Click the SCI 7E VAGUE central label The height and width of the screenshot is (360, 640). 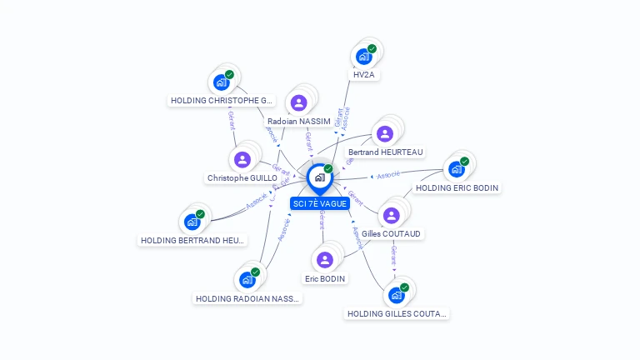point(319,203)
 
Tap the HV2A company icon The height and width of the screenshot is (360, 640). point(362,57)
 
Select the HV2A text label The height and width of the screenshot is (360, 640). point(364,75)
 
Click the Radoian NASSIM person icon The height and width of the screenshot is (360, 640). point(298,102)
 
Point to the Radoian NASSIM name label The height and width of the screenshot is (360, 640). point(298,122)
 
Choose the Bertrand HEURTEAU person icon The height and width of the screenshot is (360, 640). point(384,133)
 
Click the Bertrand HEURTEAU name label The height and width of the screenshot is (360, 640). point(386,152)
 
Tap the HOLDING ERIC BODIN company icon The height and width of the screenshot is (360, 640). point(456,169)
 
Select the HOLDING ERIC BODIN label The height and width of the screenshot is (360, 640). point(457,188)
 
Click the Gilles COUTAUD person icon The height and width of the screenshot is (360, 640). point(391,215)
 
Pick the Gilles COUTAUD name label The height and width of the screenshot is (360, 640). point(391,234)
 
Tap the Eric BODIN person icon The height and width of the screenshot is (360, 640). point(325,259)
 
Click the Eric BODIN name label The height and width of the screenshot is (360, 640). point(325,278)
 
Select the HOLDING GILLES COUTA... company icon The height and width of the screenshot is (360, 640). point(396,294)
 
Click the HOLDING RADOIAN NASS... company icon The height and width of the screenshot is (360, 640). point(247,279)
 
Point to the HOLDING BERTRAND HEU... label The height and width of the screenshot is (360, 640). point(193,241)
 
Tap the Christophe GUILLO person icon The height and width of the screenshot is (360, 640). point(242,159)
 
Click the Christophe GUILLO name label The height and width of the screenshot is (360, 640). point(242,178)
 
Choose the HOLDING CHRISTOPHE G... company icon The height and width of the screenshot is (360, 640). point(221,82)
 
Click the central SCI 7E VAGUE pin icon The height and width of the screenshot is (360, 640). point(319,177)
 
